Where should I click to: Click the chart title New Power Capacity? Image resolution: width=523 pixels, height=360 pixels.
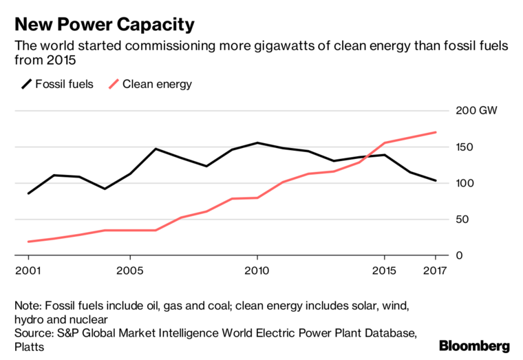click(x=105, y=25)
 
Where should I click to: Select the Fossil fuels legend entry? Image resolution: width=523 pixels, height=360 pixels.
click(x=57, y=85)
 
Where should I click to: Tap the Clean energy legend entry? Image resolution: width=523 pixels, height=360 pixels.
click(x=150, y=85)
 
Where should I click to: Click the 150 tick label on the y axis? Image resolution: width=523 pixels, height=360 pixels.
click(x=464, y=147)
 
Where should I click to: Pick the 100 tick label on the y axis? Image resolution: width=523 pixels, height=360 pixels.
click(x=464, y=183)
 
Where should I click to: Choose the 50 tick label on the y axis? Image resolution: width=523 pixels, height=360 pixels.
click(x=461, y=220)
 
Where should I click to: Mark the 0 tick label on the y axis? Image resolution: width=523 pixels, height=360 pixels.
click(x=458, y=255)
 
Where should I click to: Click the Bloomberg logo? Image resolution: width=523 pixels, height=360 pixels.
click(x=474, y=346)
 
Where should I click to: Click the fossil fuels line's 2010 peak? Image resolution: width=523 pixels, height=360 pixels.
click(x=257, y=143)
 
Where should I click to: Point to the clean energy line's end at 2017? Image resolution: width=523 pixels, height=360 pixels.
click(x=435, y=132)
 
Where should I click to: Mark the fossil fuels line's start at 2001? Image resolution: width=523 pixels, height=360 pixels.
click(x=28, y=193)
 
